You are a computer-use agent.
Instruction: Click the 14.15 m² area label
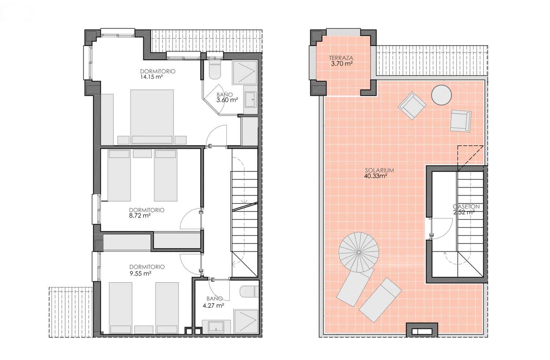tap(151, 77)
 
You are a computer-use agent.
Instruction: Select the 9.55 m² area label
tap(140, 273)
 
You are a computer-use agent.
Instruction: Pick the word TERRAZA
tap(341, 58)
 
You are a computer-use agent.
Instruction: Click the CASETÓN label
tap(466, 207)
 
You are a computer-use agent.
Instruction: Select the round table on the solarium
tap(441, 95)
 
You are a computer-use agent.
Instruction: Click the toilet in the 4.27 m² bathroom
tap(249, 291)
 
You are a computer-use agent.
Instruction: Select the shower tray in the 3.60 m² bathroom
tap(245, 71)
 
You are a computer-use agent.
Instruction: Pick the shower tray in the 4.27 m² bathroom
tap(246, 322)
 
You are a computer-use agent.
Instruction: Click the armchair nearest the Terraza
tap(412, 105)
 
